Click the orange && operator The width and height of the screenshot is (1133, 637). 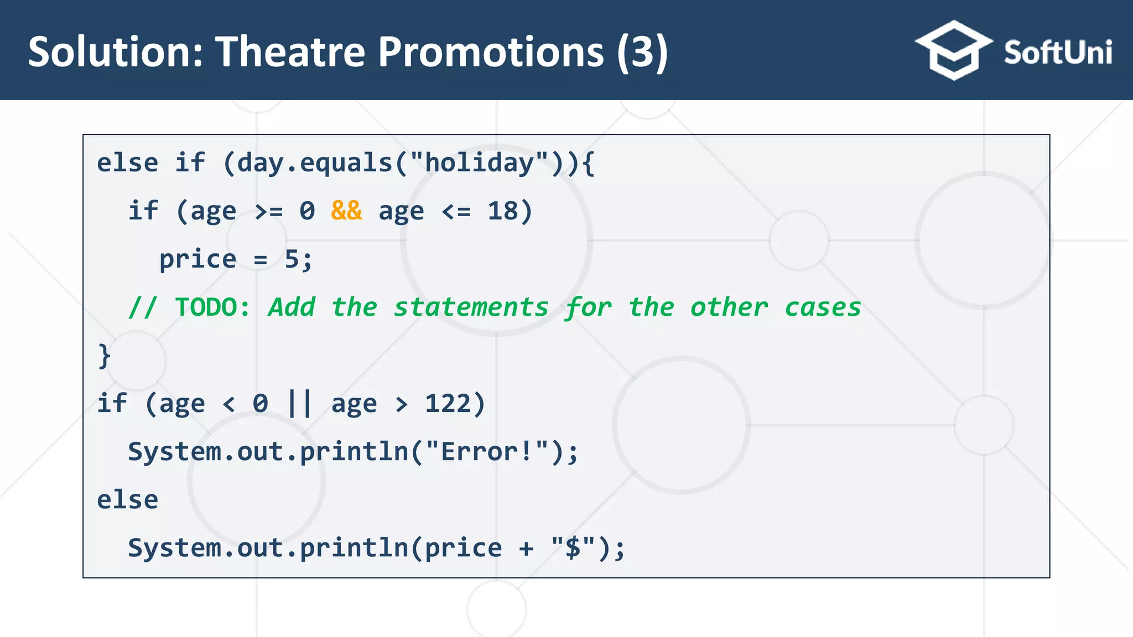(346, 211)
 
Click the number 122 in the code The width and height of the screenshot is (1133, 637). (447, 404)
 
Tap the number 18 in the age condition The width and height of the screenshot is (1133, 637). (502, 211)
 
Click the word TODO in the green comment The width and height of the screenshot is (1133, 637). (206, 307)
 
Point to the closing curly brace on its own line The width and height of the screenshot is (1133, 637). (104, 356)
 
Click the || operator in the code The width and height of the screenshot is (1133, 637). (300, 404)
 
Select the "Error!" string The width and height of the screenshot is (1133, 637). (487, 452)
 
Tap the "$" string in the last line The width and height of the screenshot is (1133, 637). (573, 548)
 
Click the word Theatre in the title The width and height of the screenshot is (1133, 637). (290, 52)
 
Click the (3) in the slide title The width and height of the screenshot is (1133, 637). (642, 52)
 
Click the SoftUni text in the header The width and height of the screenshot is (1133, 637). (1057, 53)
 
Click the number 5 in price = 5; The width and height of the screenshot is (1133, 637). (292, 259)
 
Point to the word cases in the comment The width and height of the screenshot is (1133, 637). (823, 307)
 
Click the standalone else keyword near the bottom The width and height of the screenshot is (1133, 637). (127, 500)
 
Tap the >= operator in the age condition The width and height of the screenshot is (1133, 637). (268, 211)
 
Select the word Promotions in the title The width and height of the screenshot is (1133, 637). (490, 52)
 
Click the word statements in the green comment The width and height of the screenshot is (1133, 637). (471, 307)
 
